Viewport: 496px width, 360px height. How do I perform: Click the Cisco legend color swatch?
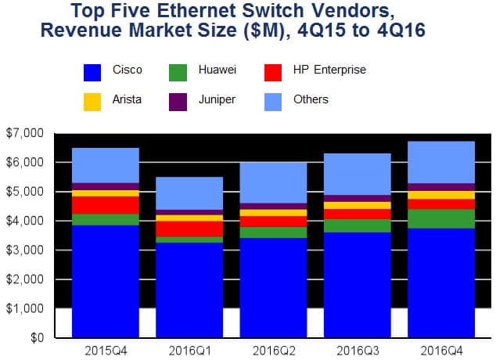(x=92, y=73)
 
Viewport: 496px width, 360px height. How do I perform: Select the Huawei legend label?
(x=217, y=70)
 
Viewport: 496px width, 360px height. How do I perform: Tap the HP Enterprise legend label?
(x=329, y=70)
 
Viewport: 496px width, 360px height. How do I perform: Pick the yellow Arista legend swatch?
(x=92, y=102)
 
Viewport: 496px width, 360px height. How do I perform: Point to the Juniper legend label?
(x=217, y=99)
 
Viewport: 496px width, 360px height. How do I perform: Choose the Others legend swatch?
(x=273, y=102)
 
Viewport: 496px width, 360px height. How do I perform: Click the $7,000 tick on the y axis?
(x=25, y=133)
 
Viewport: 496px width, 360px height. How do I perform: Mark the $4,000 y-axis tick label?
(x=25, y=221)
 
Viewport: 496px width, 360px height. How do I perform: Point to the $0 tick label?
(x=37, y=337)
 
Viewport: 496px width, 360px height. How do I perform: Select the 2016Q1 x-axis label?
(x=189, y=351)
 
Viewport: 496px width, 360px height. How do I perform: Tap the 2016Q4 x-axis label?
(x=441, y=351)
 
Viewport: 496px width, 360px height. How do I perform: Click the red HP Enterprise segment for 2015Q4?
(x=106, y=205)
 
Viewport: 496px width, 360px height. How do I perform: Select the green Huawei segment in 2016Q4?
(x=441, y=218)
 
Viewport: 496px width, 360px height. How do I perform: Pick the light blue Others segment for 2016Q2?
(x=273, y=183)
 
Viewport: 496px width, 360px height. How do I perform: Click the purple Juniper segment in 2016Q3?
(x=358, y=198)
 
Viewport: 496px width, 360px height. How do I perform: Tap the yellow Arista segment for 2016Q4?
(x=441, y=195)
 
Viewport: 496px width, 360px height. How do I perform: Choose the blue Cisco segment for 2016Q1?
(x=189, y=290)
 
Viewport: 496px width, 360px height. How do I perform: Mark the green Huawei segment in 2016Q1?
(x=189, y=239)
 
